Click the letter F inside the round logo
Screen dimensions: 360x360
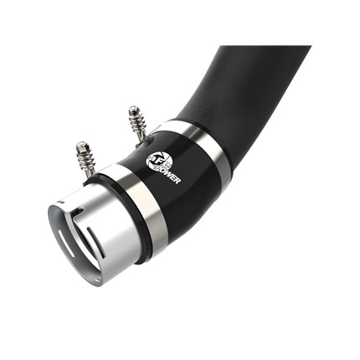click(155, 161)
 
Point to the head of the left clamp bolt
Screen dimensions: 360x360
click(81, 145)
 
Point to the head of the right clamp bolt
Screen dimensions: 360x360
click(132, 109)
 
